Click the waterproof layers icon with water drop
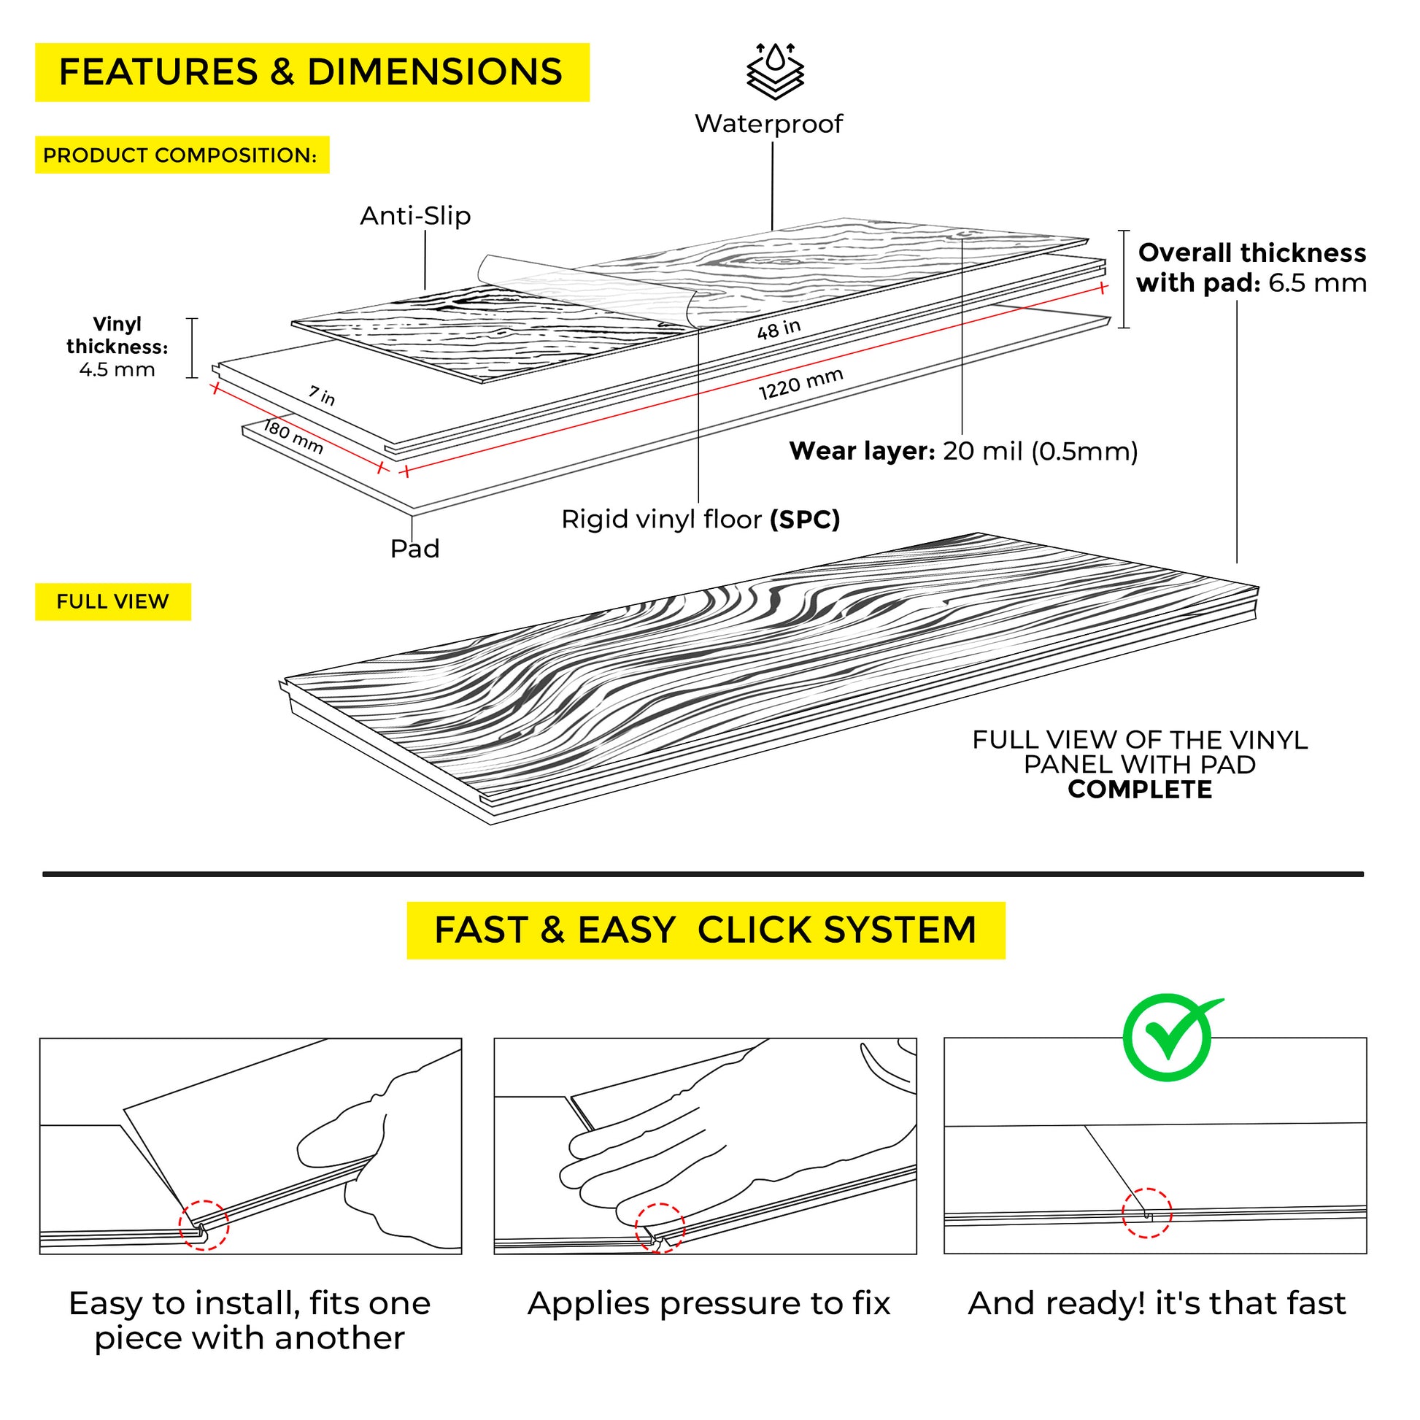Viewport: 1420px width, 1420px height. pos(776,72)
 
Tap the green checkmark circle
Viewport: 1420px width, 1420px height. pos(1168,1038)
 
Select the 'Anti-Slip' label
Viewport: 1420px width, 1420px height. pos(415,216)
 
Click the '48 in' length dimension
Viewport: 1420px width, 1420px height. pos(779,329)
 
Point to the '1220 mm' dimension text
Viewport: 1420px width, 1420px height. pos(800,385)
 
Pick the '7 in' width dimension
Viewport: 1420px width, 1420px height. pos(322,395)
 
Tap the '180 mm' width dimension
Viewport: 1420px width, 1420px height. pos(293,436)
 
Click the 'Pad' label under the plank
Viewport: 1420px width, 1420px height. pos(414,549)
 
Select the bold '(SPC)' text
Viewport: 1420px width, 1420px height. pos(805,520)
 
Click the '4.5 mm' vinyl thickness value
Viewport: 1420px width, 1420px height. pos(117,369)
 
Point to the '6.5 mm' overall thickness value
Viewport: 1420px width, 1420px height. pos(1317,283)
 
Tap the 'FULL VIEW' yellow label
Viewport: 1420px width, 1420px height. pos(112,602)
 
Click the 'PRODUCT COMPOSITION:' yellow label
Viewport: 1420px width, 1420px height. pos(181,156)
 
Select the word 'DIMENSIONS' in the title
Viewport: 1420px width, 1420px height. pos(434,72)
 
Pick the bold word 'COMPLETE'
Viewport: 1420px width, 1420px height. pos(1140,790)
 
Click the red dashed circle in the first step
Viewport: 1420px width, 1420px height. pos(204,1226)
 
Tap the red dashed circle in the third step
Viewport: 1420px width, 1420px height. pos(1146,1213)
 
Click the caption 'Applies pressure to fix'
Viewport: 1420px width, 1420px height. pos(709,1304)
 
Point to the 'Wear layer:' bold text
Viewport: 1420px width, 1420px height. pos(861,451)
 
